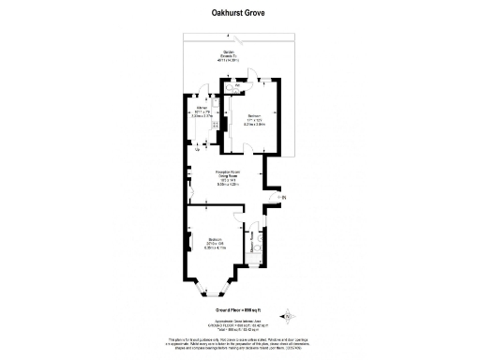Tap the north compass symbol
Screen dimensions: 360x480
289,314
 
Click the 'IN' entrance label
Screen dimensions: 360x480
284,196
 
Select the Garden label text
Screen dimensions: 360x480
229,55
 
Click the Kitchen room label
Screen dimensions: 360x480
200,115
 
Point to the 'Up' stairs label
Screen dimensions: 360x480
197,149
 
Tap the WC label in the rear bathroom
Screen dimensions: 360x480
238,85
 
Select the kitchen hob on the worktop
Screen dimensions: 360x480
216,125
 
